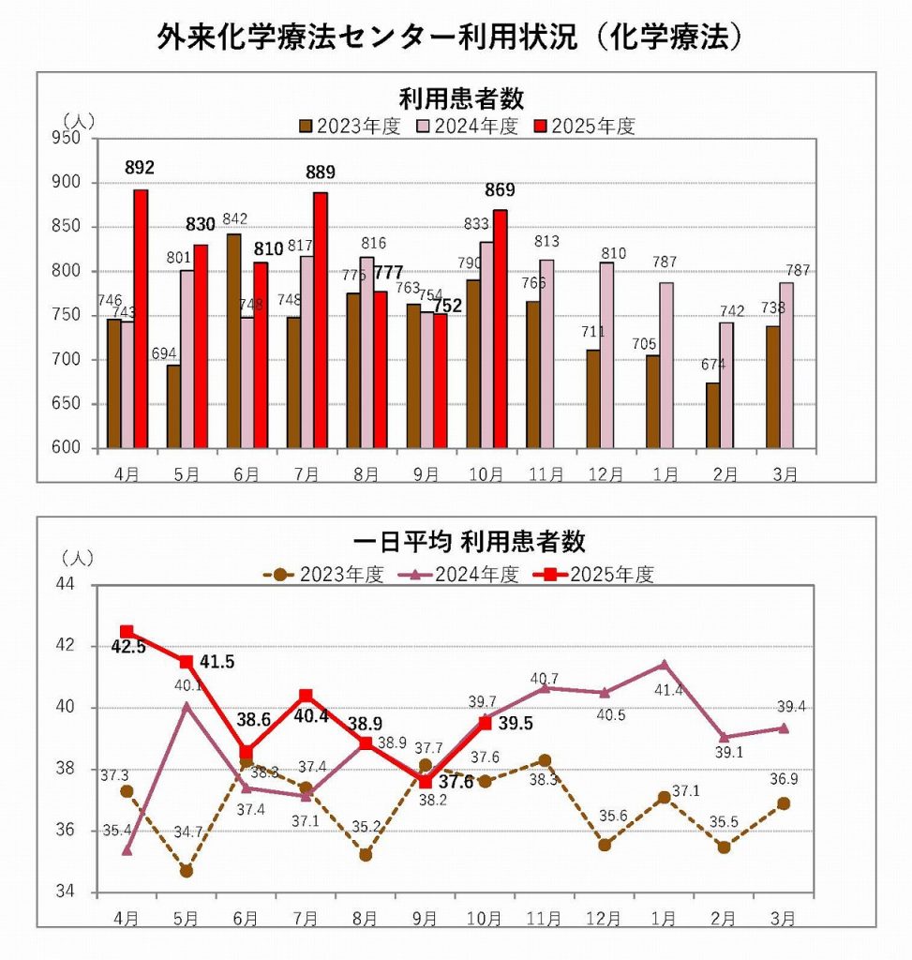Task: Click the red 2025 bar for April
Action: [141, 319]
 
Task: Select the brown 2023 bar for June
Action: [233, 341]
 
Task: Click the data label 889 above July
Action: [320, 172]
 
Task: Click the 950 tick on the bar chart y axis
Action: [74, 138]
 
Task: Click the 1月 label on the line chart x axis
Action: [664, 916]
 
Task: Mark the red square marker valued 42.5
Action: [127, 632]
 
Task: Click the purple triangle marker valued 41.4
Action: [664, 665]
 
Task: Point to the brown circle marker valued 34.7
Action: [187, 871]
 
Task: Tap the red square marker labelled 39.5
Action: [485, 723]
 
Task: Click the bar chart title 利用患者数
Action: [460, 99]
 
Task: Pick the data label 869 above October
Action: [499, 190]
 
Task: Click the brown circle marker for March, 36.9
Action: [784, 803]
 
